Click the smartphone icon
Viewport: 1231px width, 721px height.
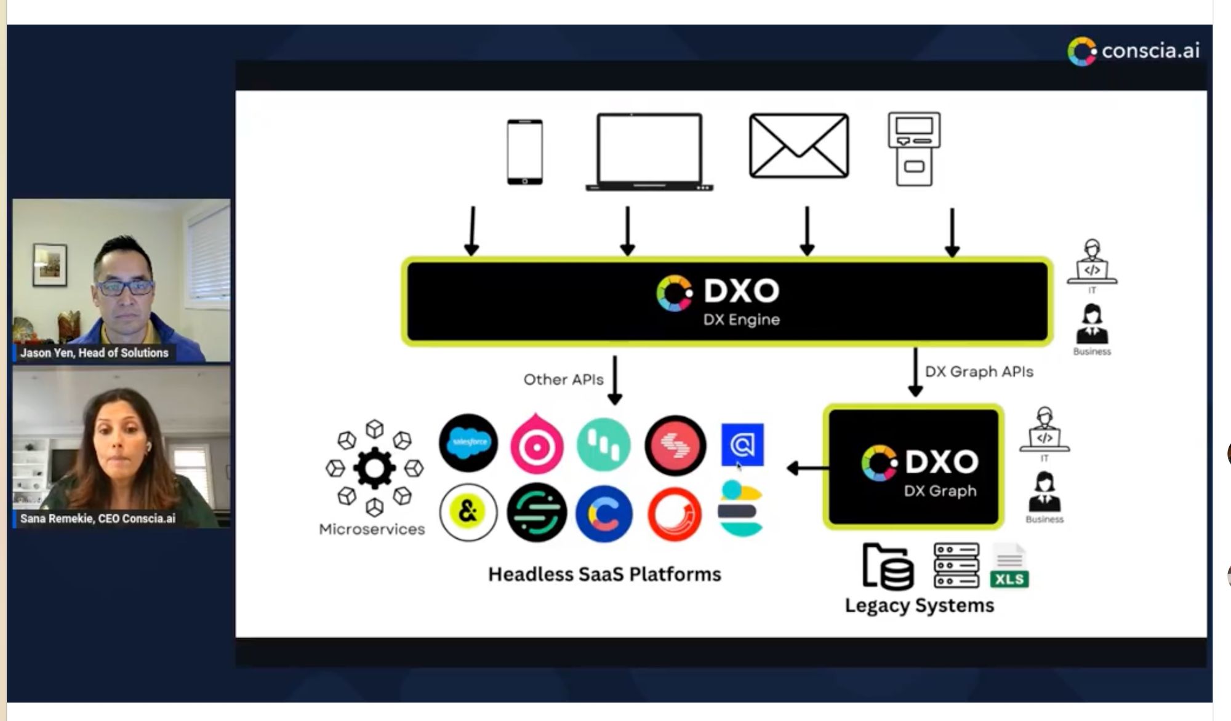524,152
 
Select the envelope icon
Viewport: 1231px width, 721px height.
798,146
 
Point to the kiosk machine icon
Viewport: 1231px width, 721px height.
914,149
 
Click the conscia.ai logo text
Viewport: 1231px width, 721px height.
1150,50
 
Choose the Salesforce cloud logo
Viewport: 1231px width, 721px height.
468,442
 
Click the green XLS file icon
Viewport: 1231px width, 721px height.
1009,566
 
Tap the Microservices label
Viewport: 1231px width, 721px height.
372,529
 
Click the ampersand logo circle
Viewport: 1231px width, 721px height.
468,512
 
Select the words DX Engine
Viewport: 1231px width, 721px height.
741,319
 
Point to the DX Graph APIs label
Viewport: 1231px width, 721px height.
979,372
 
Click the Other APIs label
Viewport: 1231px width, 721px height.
563,380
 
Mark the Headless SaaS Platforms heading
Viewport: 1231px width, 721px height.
604,574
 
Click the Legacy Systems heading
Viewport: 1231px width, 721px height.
919,605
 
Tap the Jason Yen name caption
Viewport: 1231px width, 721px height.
94,353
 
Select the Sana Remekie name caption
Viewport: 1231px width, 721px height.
97,519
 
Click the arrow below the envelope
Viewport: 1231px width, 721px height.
807,231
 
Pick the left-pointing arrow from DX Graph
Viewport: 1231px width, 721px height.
806,468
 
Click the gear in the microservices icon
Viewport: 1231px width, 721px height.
374,468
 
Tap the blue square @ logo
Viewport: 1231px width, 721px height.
742,444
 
